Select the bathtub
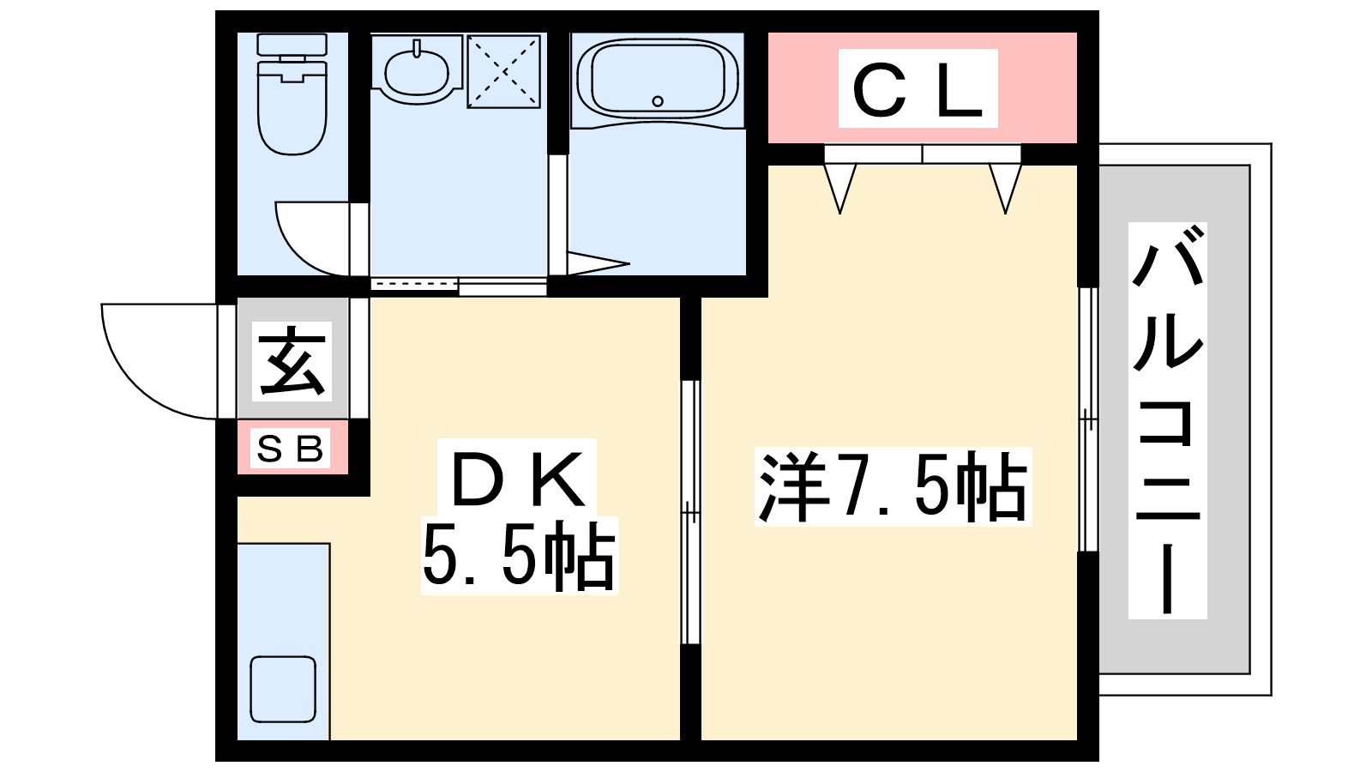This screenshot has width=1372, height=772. [x=658, y=80]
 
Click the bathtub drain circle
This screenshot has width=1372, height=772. [x=658, y=101]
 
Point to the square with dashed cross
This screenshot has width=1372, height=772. [x=503, y=71]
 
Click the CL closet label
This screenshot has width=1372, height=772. [x=918, y=89]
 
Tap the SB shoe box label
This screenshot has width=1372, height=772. [x=292, y=448]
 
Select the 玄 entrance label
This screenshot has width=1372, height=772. [x=292, y=361]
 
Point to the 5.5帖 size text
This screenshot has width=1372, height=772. [x=519, y=557]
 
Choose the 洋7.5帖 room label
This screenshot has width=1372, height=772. [x=892, y=486]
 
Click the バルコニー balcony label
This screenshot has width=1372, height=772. [x=1167, y=420]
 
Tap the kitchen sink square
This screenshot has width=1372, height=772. [x=283, y=689]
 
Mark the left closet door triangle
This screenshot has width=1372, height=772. [x=839, y=186]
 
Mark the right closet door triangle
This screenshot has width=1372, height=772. [x=1005, y=186]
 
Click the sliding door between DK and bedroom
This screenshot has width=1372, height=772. [x=690, y=512]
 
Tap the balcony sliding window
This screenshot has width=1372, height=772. [x=1087, y=419]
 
